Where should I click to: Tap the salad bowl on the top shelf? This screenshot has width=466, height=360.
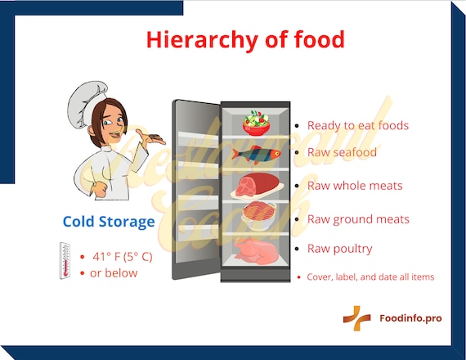pyautogui.click(x=256, y=123)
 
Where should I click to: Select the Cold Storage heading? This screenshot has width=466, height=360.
pyautogui.click(x=108, y=221)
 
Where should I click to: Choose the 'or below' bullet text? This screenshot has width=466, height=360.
pyautogui.click(x=114, y=272)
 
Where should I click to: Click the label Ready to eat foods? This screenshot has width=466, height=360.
pyautogui.click(x=357, y=126)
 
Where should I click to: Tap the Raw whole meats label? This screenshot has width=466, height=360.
pyautogui.click(x=355, y=186)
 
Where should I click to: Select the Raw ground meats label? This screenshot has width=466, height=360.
pyautogui.click(x=358, y=219)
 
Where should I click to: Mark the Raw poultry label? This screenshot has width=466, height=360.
pyautogui.click(x=339, y=249)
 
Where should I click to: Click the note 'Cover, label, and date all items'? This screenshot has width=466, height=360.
pyautogui.click(x=370, y=277)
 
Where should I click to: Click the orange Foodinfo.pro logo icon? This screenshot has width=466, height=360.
pyautogui.click(x=356, y=318)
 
